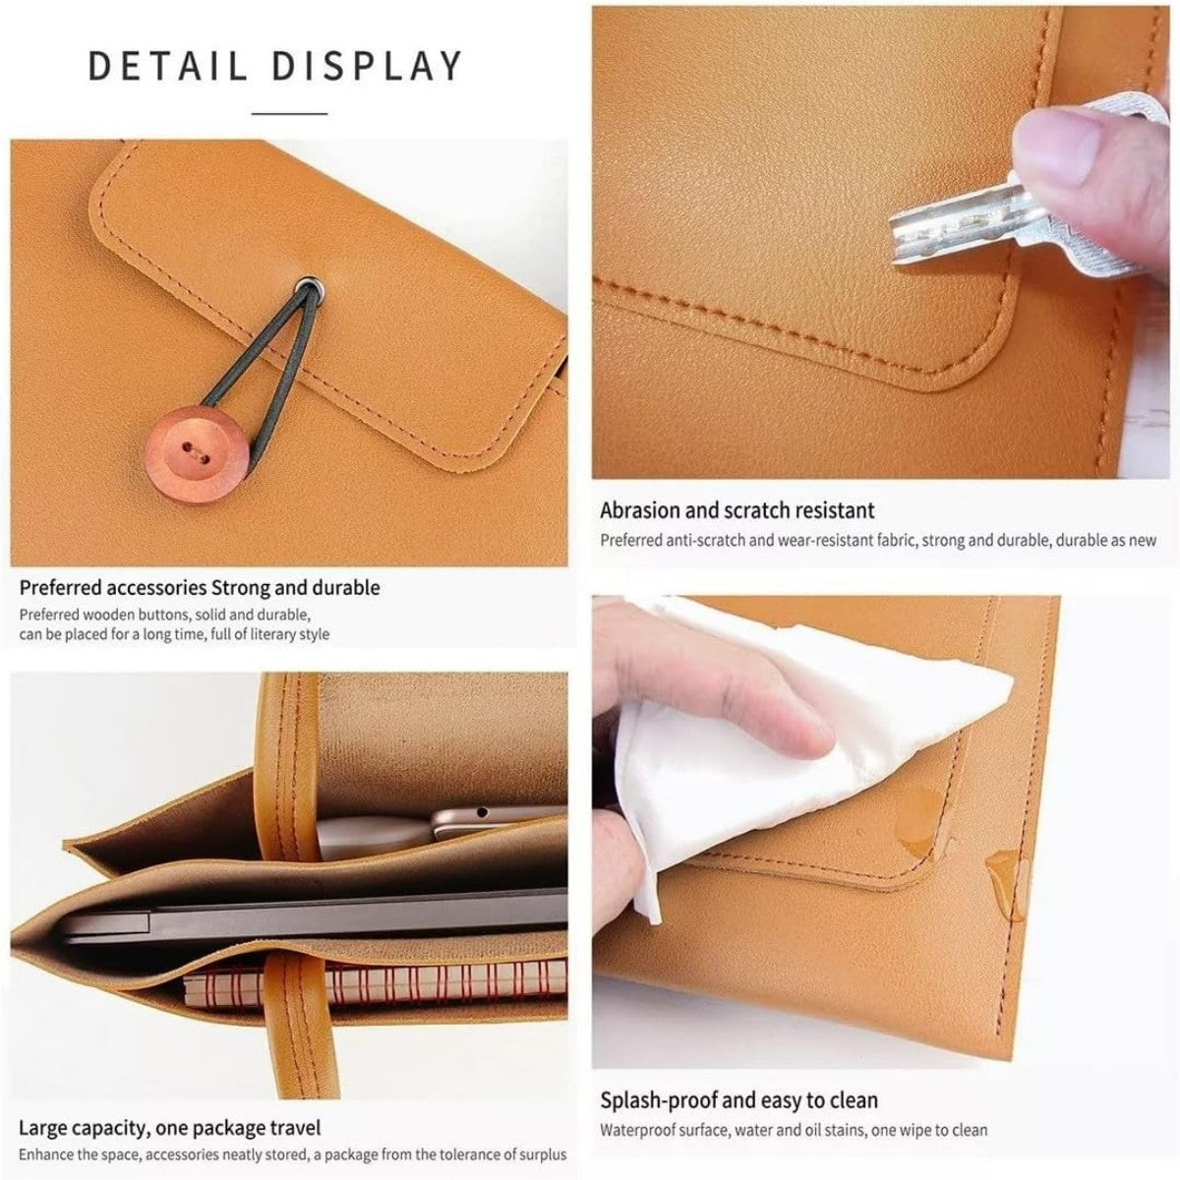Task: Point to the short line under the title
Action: [x=289, y=114]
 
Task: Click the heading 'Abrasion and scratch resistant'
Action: [x=737, y=510]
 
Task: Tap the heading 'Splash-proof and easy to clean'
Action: [x=738, y=1100]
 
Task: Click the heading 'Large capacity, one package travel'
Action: [x=169, y=1127]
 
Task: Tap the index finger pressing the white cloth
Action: [x=747, y=723]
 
